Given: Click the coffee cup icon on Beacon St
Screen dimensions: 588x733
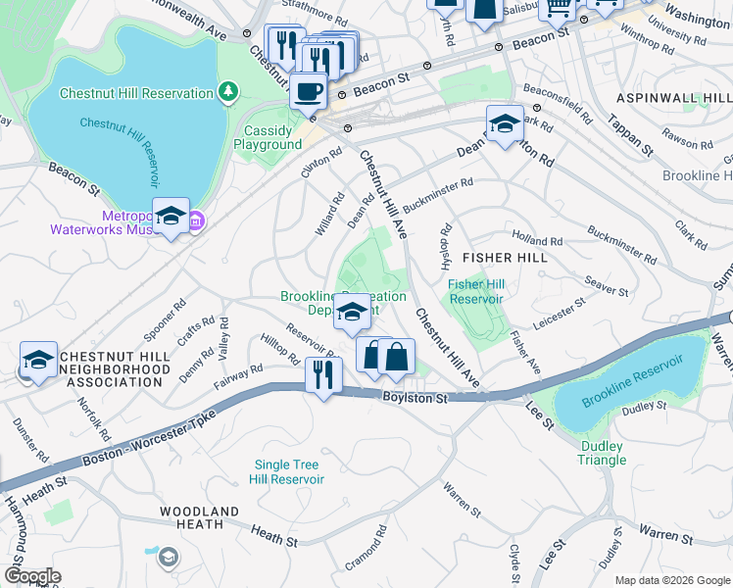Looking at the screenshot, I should pos(308,91).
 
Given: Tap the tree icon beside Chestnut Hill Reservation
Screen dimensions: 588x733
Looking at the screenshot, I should pos(228,93).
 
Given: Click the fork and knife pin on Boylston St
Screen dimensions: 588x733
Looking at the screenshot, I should pos(323,374).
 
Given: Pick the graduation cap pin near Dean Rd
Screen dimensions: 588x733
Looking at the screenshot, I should pos(505,123).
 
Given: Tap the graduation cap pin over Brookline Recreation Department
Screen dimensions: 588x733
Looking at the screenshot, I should pos(352,313).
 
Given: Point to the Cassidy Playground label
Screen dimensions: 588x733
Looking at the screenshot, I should pos(268,137).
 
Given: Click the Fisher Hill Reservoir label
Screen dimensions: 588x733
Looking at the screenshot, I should pos(475,291).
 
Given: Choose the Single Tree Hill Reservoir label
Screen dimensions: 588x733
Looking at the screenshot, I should pos(289,471).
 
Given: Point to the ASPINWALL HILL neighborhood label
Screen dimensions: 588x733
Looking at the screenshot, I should pos(674,99).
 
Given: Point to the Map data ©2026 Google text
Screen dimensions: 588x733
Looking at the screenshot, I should pos(671,580).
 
